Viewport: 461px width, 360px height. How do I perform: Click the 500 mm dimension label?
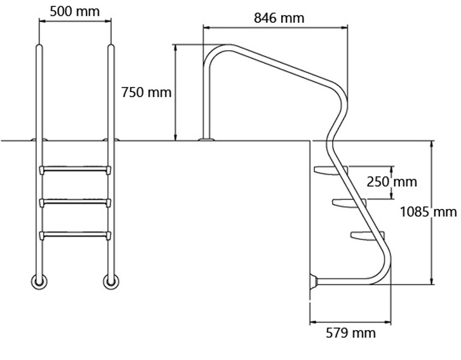[x=75, y=12]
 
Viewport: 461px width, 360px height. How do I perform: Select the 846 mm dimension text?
[x=279, y=18]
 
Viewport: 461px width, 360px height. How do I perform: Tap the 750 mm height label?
[x=146, y=92]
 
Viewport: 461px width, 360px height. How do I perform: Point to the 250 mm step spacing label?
[x=392, y=182]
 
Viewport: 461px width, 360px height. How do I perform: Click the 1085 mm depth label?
[x=429, y=211]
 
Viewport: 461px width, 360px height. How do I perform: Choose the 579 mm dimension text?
[x=351, y=333]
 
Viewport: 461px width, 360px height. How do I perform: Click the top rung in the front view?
[x=75, y=170]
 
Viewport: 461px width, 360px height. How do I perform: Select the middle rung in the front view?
[x=75, y=203]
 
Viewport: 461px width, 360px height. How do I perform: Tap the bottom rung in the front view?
[x=75, y=235]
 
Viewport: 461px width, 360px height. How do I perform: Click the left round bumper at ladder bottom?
[x=39, y=281]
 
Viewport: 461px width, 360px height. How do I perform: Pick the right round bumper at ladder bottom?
[x=111, y=281]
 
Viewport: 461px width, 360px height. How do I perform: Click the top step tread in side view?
[x=331, y=170]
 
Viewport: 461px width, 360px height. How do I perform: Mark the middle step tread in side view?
[x=349, y=203]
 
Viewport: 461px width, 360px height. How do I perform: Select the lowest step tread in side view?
[x=367, y=236]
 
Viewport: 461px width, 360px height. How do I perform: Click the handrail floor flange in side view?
[x=207, y=138]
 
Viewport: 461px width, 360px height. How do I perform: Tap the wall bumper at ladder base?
[x=314, y=281]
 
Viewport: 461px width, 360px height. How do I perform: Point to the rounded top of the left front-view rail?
[x=39, y=47]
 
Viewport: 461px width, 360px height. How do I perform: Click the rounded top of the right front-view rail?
[x=111, y=47]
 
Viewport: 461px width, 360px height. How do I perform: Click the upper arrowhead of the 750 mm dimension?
[x=175, y=48]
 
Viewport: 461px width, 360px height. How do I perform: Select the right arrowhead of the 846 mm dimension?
[x=344, y=28]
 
